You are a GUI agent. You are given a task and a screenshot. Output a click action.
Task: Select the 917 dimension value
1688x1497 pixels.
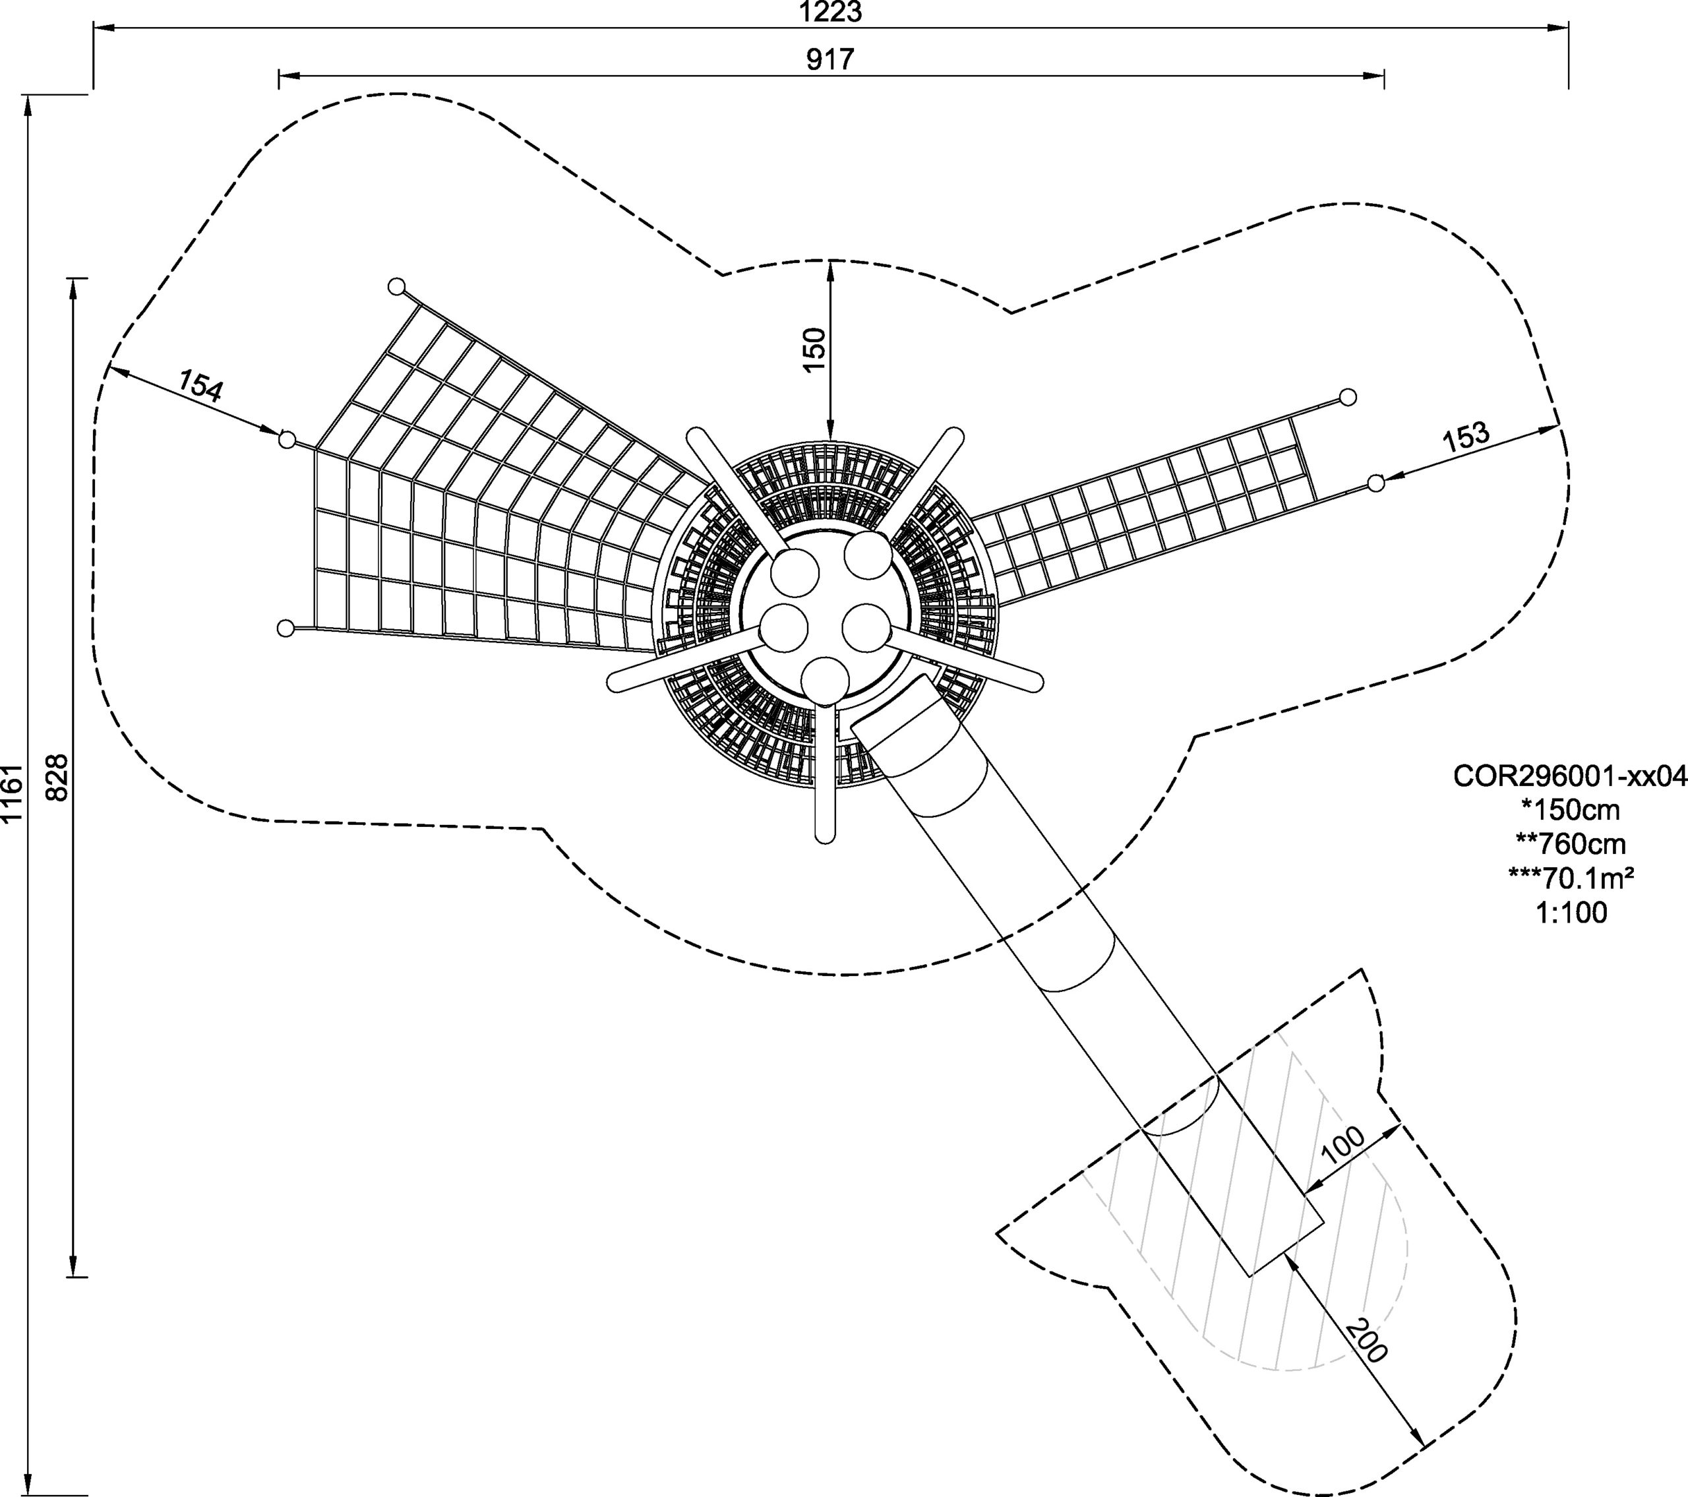coord(831,59)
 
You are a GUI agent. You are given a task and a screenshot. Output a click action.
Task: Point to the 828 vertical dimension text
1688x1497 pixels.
coord(56,777)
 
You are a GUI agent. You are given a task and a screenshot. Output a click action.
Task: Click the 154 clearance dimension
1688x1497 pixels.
coord(200,386)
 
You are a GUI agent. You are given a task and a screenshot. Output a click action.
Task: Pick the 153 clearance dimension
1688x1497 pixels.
coord(1466,436)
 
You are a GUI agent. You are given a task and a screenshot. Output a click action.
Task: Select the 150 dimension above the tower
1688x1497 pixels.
coord(814,350)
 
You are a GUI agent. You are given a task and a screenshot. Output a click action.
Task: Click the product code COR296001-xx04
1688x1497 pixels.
coord(1570,777)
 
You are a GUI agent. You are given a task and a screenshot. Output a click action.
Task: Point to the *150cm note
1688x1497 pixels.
coord(1570,810)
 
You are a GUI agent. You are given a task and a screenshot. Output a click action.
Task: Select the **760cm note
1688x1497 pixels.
coord(1570,844)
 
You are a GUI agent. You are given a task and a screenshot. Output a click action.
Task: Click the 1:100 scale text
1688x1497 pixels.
coord(1570,912)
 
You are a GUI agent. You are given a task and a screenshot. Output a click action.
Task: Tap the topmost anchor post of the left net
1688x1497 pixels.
coord(396,287)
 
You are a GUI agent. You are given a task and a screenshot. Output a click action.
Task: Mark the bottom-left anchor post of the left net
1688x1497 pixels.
coord(286,628)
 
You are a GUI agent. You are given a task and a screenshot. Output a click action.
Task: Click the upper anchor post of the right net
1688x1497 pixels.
coord(1348,398)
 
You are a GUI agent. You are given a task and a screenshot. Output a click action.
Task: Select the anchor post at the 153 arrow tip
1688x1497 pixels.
coord(1375,483)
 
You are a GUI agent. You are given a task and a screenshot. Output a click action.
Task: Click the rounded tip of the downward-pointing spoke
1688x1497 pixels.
coord(824,836)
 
